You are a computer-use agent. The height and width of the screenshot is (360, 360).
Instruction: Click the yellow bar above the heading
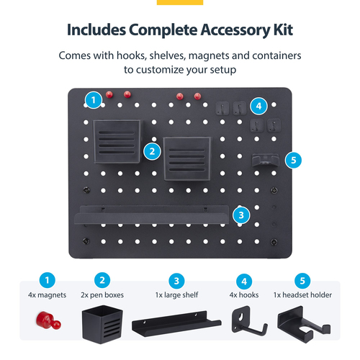click(180, 2)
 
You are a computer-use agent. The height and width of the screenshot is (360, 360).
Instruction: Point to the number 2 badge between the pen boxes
click(151, 150)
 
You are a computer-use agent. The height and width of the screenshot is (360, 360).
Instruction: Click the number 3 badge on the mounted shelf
click(241, 213)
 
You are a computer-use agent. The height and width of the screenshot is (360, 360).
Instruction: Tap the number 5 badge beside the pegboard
click(291, 160)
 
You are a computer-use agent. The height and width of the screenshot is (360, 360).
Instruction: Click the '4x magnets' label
click(47, 295)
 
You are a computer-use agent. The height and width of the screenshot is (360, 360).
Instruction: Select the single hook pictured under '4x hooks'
click(244, 325)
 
